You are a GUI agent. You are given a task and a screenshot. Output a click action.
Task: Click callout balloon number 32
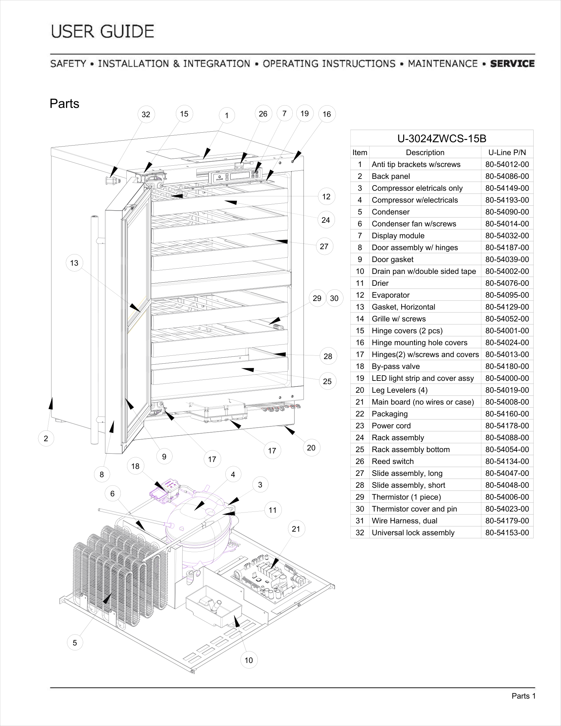pyautogui.click(x=146, y=115)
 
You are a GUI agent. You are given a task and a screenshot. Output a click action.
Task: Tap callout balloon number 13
pyautogui.click(x=74, y=263)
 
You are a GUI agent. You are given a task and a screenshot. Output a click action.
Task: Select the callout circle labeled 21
pyautogui.click(x=296, y=529)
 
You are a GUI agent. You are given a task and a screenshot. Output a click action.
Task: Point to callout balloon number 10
pyautogui.click(x=248, y=660)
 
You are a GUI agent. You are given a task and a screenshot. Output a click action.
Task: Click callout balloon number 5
pyautogui.click(x=75, y=643)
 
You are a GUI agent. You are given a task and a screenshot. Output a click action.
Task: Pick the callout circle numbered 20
pyautogui.click(x=311, y=448)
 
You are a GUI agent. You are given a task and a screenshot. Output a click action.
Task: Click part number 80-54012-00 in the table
pyautogui.click(x=507, y=164)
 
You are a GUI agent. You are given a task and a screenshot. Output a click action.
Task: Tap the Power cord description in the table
pyautogui.click(x=391, y=425)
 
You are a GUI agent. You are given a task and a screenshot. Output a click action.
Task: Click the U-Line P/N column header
pyautogui.click(x=507, y=152)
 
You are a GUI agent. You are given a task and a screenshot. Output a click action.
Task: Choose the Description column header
pyautogui.click(x=425, y=152)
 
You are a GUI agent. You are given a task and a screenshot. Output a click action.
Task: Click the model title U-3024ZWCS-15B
pyautogui.click(x=442, y=138)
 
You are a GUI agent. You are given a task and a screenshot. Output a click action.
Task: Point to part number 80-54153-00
pyautogui.click(x=507, y=533)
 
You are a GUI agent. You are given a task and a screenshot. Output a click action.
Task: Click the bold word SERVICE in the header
pyautogui.click(x=512, y=63)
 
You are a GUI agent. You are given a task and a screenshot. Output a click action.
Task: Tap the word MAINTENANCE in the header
pyautogui.click(x=442, y=63)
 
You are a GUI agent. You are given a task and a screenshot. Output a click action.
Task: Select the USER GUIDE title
pyautogui.click(x=103, y=32)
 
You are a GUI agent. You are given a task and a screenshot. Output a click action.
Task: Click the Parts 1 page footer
pyautogui.click(x=523, y=696)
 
